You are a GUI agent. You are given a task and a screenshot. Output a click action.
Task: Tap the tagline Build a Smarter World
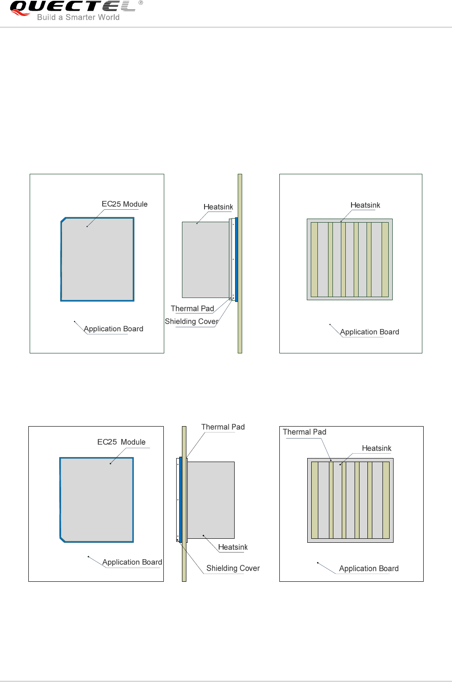(x=78, y=17)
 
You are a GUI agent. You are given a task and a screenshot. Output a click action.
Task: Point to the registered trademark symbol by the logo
(x=141, y=3)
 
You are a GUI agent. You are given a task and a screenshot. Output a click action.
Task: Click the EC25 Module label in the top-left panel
(x=124, y=204)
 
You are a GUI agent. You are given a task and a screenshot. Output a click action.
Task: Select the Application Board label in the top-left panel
(x=113, y=329)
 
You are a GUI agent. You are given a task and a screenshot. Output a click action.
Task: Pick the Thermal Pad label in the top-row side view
(x=192, y=309)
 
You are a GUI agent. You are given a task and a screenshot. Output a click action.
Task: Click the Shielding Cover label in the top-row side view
(x=191, y=321)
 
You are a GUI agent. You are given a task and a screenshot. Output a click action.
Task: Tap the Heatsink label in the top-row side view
(x=218, y=207)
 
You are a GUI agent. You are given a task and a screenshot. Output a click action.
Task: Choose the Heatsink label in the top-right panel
(x=365, y=205)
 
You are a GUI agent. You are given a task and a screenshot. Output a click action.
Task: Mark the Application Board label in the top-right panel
(x=369, y=332)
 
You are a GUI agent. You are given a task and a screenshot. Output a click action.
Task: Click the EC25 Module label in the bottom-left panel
(x=121, y=442)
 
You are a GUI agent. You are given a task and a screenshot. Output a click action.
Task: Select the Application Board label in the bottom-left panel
(x=132, y=562)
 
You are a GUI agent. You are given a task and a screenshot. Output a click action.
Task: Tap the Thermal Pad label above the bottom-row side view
(x=223, y=427)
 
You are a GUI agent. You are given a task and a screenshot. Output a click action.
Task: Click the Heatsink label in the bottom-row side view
(x=233, y=547)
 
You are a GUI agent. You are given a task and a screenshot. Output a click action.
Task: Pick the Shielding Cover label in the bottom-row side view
(x=233, y=568)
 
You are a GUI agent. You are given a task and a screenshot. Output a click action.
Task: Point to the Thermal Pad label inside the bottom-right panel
(x=304, y=432)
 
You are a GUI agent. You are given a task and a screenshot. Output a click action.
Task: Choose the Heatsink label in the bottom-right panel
(x=376, y=448)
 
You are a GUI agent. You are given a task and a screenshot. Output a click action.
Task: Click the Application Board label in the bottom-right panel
(x=369, y=568)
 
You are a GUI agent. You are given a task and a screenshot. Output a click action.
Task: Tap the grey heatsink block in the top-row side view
(x=205, y=259)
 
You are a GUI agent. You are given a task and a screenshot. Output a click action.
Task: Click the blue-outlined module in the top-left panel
(x=97, y=259)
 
